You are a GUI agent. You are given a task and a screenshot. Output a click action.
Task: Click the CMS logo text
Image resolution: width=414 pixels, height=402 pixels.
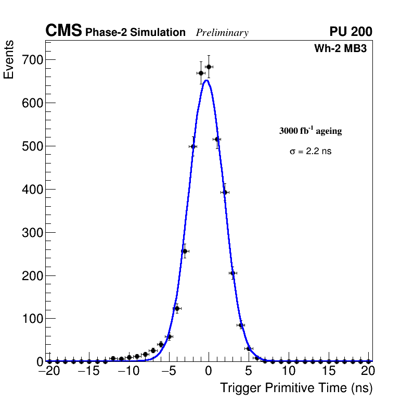(x=63, y=31)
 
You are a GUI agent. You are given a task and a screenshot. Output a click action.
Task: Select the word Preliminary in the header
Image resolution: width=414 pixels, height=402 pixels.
(x=222, y=33)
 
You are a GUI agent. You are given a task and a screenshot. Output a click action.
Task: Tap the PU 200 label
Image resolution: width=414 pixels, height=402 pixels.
(x=351, y=32)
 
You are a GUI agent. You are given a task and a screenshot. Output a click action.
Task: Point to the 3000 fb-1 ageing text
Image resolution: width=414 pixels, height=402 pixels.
(x=310, y=131)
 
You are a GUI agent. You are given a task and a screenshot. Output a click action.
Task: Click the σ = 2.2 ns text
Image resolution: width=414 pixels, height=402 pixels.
(x=310, y=152)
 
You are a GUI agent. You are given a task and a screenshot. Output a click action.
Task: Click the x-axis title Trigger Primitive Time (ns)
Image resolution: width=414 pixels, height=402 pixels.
(x=296, y=388)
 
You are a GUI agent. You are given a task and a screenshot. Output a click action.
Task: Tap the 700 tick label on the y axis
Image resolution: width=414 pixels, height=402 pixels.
(x=32, y=60)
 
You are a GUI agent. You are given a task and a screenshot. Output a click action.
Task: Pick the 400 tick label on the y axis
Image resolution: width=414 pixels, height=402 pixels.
(x=32, y=190)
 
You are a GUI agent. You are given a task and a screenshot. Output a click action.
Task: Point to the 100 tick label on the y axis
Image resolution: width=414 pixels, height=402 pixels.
(x=32, y=319)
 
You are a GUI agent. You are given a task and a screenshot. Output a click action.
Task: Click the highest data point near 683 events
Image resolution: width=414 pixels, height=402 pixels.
(x=209, y=67)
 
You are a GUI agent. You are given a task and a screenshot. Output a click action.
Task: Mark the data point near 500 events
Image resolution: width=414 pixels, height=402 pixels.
(x=193, y=146)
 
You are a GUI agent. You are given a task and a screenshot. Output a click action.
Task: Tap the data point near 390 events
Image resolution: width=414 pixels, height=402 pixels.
(x=225, y=192)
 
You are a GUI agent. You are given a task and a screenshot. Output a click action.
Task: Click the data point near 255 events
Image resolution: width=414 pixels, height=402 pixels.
(x=185, y=251)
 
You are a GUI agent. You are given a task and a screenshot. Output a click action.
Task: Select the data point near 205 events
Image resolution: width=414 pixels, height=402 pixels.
(x=232, y=273)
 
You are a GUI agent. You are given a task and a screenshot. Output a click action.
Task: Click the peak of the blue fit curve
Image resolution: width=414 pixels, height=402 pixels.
(x=206, y=80)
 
